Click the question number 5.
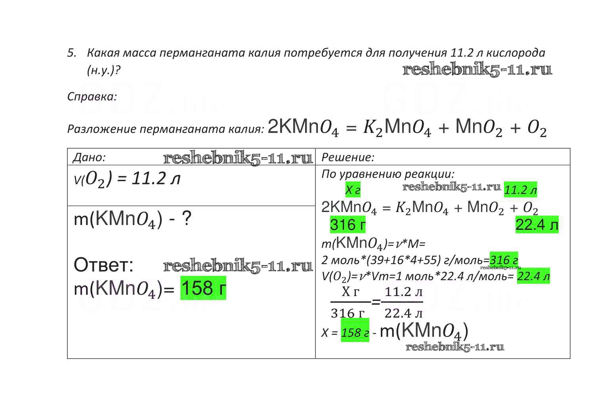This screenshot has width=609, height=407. [71, 53]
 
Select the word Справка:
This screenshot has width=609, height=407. [92, 96]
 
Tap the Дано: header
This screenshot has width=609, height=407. [89, 157]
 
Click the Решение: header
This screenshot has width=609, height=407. [348, 157]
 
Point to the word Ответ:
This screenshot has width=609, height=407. [104, 265]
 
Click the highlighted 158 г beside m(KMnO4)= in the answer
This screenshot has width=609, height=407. [203, 288]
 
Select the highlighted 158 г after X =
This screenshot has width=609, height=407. [355, 332]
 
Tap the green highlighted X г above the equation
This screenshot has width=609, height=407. [353, 190]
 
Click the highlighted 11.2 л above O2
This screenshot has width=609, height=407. [520, 190]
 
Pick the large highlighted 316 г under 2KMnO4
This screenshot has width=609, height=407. [347, 225]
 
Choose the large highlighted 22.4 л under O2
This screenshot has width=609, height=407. [536, 225]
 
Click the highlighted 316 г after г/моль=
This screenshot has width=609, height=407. [504, 260]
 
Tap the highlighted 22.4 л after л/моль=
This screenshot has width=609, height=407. [533, 276]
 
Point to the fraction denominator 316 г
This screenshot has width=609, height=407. [347, 313]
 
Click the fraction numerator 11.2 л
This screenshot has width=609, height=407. [403, 292]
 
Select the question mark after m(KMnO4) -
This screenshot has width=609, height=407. [186, 218]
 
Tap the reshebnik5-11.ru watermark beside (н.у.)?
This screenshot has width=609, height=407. [477, 70]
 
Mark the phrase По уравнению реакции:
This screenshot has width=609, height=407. [388, 174]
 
